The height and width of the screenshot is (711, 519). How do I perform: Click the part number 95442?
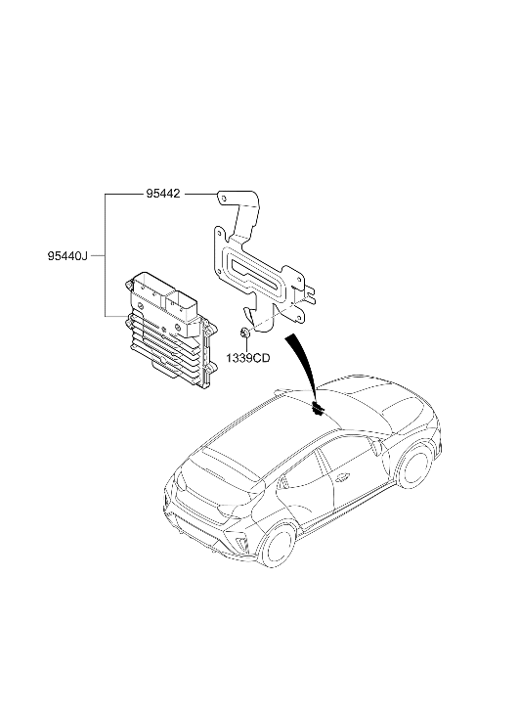pos(162,194)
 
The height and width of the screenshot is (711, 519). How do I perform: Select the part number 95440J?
pos(67,256)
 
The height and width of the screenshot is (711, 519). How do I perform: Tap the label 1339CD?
pos(248,358)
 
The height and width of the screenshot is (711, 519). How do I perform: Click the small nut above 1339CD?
pos(244,333)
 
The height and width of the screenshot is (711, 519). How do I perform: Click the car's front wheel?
pos(414,465)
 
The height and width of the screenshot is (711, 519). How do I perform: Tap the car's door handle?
pos(343,476)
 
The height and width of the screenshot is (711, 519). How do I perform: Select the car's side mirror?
pos(375,447)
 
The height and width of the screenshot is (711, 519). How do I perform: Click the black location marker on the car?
pos(318,409)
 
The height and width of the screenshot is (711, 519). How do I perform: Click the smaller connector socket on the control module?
pos(182,303)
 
